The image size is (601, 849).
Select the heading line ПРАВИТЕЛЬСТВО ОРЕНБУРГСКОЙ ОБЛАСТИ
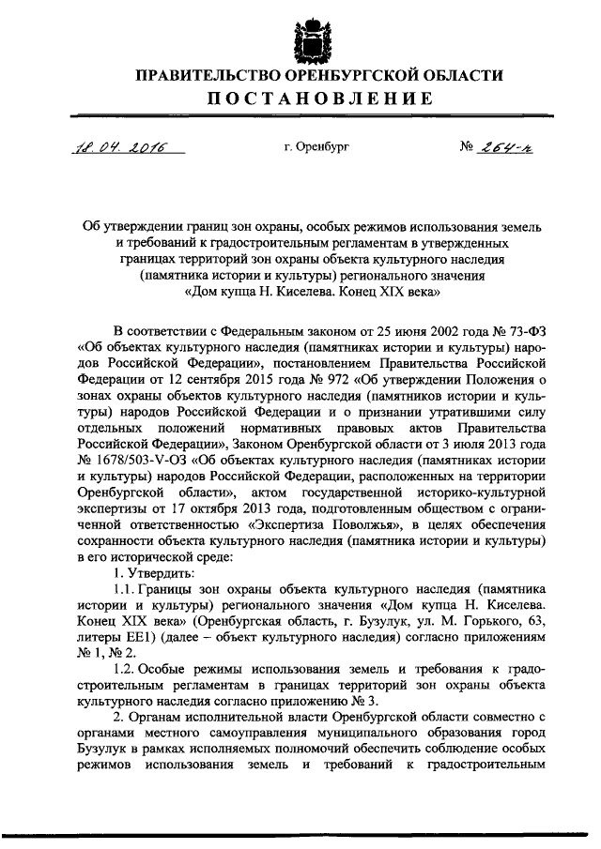[300, 75]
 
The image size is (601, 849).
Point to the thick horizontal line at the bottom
[300, 836]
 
